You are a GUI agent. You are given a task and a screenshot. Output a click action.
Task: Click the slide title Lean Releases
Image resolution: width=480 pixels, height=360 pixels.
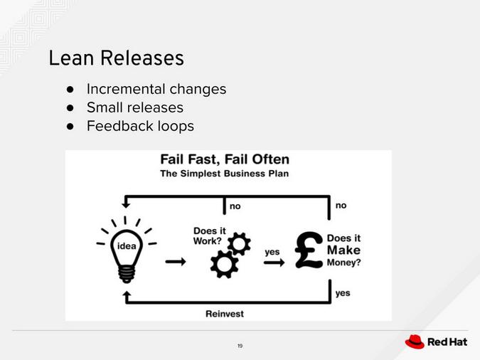point(116,58)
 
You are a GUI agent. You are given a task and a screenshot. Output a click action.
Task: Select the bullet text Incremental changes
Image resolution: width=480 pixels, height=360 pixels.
point(156,90)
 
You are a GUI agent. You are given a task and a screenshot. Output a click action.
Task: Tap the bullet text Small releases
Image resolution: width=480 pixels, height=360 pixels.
point(134,108)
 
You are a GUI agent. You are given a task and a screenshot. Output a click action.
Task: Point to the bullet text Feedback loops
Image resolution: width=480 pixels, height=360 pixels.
point(139,127)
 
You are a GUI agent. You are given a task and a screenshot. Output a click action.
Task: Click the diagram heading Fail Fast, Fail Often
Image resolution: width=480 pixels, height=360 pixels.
point(224,159)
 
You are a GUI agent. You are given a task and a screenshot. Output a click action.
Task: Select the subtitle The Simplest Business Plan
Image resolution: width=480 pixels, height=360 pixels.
point(224,174)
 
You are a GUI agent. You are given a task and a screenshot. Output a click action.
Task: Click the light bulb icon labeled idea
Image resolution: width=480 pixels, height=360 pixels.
point(127,247)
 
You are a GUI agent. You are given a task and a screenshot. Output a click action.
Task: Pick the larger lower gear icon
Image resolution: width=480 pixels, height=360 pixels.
point(224,265)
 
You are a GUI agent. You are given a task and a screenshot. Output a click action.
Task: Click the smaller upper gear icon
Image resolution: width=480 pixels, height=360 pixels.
point(239,244)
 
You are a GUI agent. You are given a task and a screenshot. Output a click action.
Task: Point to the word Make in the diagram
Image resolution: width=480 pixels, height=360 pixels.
point(343,250)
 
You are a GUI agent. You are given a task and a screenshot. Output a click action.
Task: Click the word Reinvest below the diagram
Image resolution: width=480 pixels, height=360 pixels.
point(224,313)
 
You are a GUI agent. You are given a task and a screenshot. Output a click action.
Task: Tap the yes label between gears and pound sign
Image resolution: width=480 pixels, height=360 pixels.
point(272,251)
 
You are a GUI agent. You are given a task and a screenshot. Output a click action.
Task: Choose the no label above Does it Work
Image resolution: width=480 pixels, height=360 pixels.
point(235,206)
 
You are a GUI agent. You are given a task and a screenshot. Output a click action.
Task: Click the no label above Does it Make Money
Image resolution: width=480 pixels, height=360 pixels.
point(341,205)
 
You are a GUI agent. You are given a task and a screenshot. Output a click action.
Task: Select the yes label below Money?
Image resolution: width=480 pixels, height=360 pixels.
point(342,292)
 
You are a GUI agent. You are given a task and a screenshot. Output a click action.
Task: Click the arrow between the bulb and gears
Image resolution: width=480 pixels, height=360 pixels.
point(175,262)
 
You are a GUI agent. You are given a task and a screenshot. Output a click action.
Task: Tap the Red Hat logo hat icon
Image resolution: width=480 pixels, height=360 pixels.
point(415,342)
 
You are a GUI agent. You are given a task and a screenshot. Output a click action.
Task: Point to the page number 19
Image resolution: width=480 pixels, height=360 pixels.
point(240,346)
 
